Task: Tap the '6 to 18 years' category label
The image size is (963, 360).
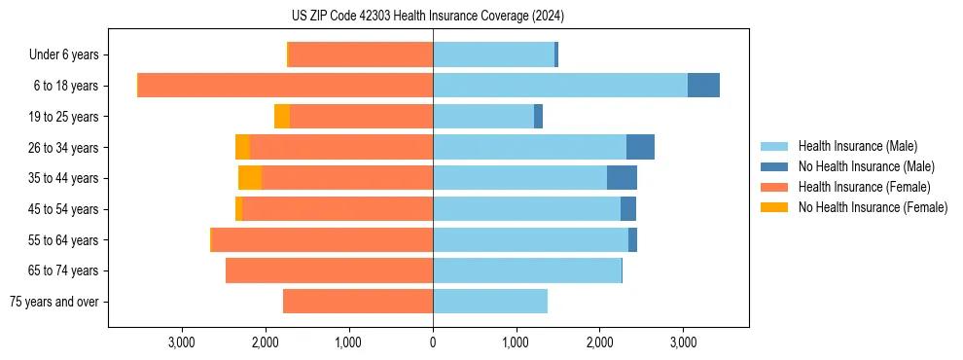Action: [x=66, y=86]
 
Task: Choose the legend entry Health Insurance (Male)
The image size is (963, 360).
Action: [x=857, y=146]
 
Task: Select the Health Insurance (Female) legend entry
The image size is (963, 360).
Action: [x=864, y=187]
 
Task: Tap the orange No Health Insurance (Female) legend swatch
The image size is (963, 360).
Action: [x=775, y=207]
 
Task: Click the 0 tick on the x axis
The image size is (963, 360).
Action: [x=433, y=342]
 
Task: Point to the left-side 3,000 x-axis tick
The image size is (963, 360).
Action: [x=182, y=342]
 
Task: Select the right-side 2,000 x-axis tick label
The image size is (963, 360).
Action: [x=599, y=342]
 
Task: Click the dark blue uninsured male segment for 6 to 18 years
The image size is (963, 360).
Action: [x=703, y=86]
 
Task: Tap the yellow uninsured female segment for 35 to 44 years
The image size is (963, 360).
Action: [x=250, y=178]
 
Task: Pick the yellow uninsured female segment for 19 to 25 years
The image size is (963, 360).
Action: [x=282, y=117]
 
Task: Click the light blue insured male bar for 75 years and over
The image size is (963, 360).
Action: [x=490, y=302]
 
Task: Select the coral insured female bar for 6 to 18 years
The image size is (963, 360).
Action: [x=285, y=86]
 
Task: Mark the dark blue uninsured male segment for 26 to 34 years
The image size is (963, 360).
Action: [x=640, y=147]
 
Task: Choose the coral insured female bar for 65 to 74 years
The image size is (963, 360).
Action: [x=329, y=270]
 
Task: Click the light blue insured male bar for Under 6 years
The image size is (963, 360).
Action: [x=493, y=55]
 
